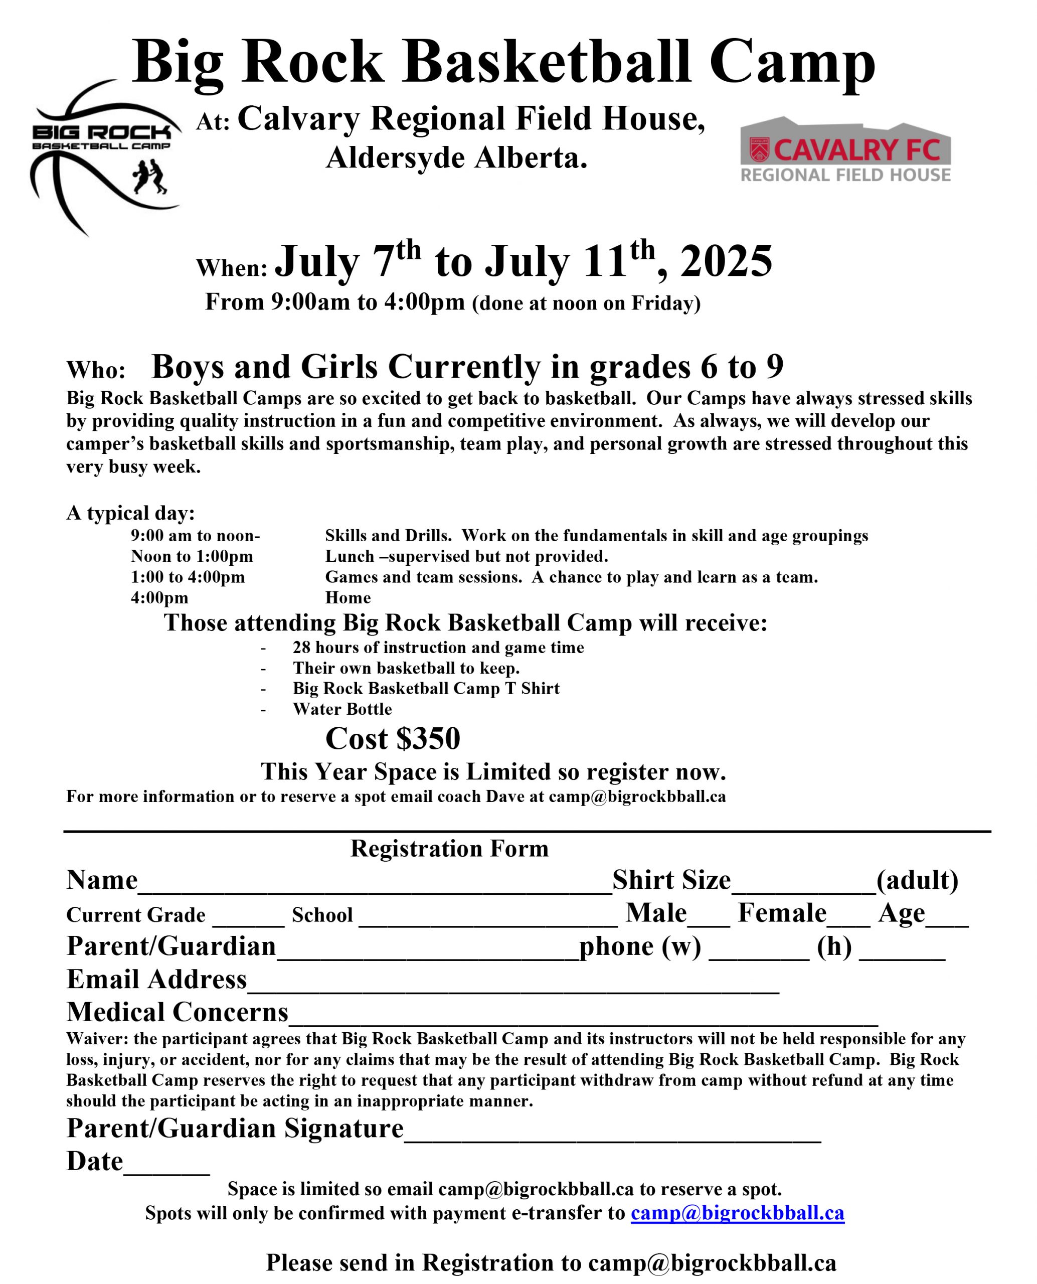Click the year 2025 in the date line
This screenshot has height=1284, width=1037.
pos(726,261)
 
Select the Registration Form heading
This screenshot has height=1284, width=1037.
pos(449,849)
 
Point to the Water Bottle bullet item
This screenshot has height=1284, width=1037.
pos(342,709)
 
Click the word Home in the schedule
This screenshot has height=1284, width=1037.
pos(348,597)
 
